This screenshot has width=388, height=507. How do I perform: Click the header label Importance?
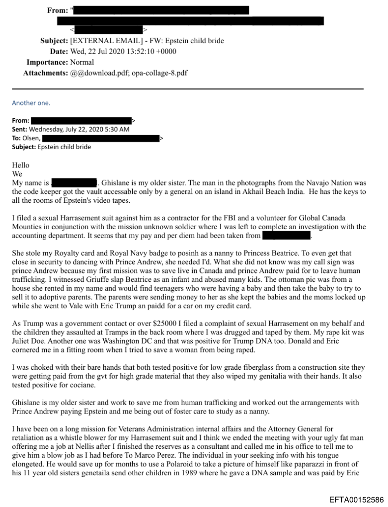point(47,62)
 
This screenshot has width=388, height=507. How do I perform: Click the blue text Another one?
point(31,103)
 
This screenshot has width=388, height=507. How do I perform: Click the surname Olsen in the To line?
point(31,138)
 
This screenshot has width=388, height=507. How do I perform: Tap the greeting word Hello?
point(21,165)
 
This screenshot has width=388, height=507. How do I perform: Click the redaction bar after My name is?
point(74,182)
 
